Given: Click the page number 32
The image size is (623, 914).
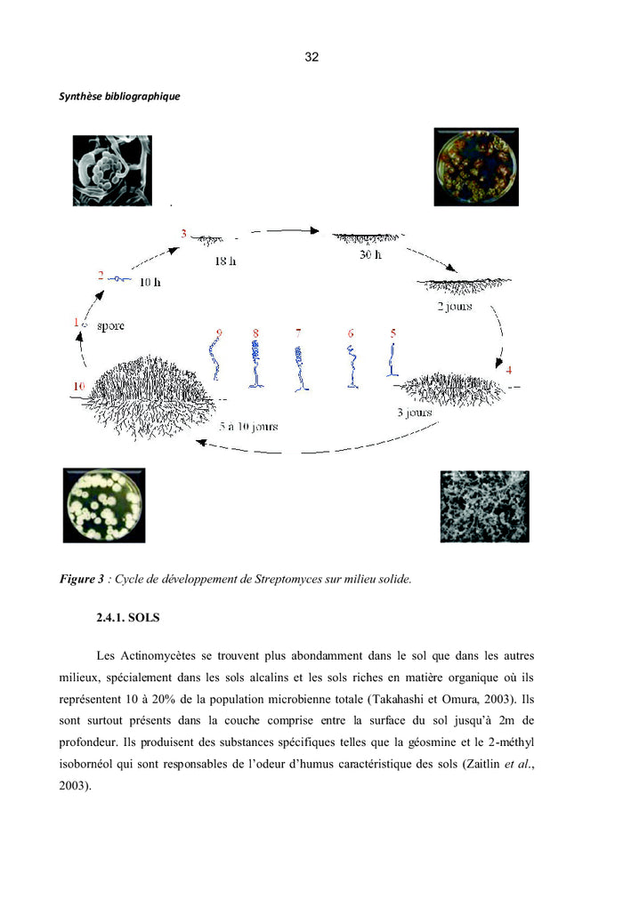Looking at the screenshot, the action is (x=311, y=57).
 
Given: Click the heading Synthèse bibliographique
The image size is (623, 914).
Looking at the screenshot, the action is (x=119, y=96).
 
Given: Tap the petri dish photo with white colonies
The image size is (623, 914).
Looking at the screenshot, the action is (x=104, y=505).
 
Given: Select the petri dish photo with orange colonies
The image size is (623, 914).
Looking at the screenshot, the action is (x=476, y=167).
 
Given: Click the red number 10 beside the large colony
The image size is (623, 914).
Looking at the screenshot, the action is (x=78, y=386).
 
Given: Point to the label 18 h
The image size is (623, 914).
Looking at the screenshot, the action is (x=225, y=261).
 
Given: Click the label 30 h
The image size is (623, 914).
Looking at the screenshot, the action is (x=370, y=254).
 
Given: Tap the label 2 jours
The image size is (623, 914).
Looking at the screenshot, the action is (x=455, y=306).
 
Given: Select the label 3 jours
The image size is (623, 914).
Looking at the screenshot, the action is (x=415, y=413).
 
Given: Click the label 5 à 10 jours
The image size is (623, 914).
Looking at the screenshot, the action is (x=248, y=426).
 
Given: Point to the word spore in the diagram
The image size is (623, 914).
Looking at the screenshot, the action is (x=111, y=325).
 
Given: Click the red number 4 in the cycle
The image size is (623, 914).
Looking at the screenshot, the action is (x=509, y=370).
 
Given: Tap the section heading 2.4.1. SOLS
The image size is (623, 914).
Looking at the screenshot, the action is (x=128, y=617).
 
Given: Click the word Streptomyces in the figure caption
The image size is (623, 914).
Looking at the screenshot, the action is (x=282, y=579).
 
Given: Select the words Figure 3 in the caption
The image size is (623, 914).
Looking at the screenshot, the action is (x=82, y=579).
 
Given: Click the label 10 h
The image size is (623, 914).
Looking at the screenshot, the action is (x=150, y=282).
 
